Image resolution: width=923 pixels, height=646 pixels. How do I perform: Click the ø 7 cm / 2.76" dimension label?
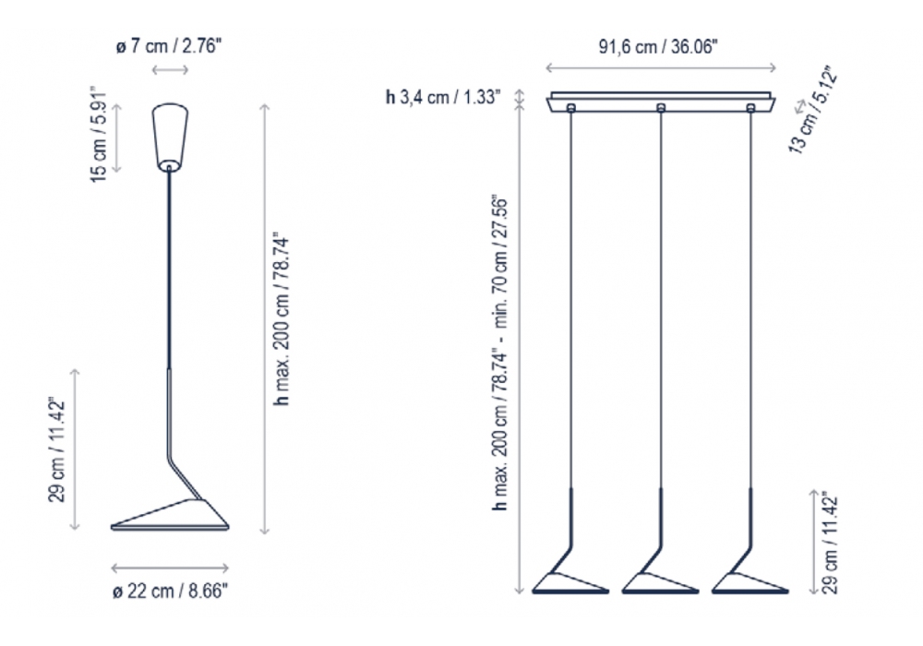tap(170, 46)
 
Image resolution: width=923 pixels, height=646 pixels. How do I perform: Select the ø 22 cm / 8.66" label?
tap(170, 591)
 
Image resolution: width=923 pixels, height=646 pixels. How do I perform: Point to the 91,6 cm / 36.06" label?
tap(658, 46)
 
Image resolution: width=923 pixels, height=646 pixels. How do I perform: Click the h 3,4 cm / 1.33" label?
tap(443, 97)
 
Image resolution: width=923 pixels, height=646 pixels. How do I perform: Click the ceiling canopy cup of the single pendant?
tap(170, 138)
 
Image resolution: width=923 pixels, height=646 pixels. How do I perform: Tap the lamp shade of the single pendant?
tap(170, 515)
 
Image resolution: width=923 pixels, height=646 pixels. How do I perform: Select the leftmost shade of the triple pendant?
tap(570, 583)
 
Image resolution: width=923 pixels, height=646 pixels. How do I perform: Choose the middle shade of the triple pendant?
tap(661, 583)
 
